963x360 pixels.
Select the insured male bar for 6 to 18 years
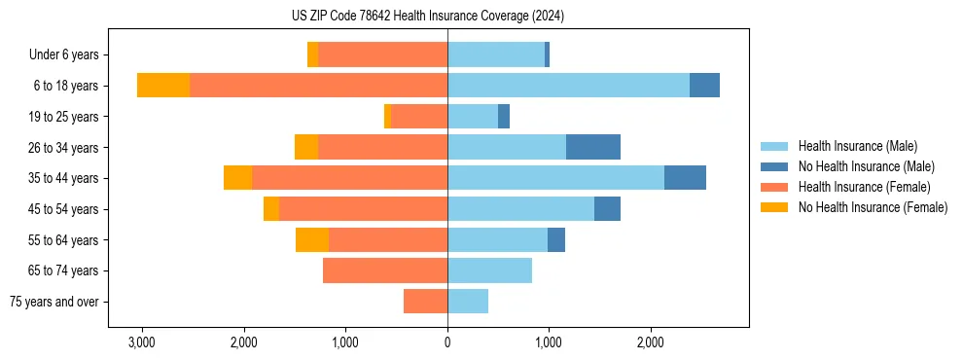[x=568, y=86]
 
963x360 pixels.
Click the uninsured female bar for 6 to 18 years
[x=163, y=86]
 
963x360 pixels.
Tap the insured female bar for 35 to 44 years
[x=349, y=178]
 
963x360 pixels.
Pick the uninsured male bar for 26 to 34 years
[x=593, y=147]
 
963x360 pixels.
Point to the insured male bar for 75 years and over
[x=468, y=302]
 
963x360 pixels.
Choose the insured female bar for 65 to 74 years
[x=385, y=270]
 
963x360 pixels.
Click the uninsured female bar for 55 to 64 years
[x=312, y=239]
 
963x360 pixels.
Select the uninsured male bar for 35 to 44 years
[x=685, y=178]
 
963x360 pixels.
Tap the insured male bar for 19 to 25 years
[x=473, y=117]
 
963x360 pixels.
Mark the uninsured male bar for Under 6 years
[x=547, y=54]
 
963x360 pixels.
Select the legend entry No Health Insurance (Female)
[x=873, y=207]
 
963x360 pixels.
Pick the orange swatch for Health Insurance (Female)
[x=774, y=187]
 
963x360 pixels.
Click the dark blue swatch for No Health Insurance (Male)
[x=774, y=166]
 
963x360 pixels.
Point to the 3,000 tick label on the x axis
[x=142, y=342]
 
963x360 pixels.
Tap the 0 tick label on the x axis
[x=447, y=342]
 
